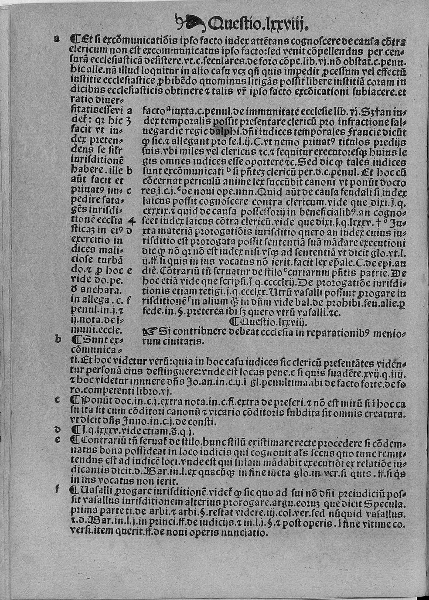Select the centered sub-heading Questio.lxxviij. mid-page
point(269,322)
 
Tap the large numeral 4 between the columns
point(133,222)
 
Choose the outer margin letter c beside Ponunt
point(57,399)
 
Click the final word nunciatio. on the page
point(247,532)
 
